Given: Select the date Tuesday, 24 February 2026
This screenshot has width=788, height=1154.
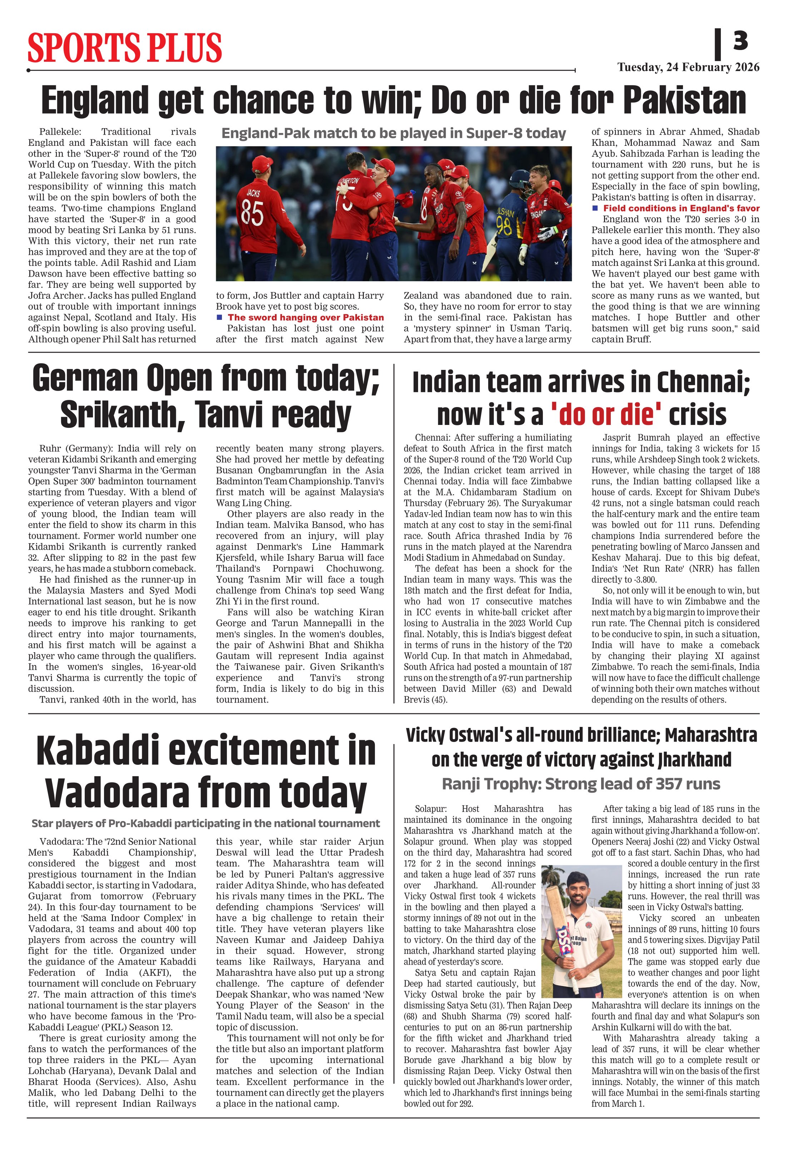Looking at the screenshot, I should point(688,67).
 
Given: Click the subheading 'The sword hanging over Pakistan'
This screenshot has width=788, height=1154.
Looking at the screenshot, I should point(305,317).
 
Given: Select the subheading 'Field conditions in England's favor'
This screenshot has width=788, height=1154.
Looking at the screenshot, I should point(681,208).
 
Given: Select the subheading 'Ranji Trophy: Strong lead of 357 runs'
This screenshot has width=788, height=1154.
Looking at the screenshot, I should point(581,784).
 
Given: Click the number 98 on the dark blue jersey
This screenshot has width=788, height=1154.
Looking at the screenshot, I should point(504,227).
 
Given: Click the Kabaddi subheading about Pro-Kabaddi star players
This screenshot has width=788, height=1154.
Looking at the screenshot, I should point(205,824).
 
